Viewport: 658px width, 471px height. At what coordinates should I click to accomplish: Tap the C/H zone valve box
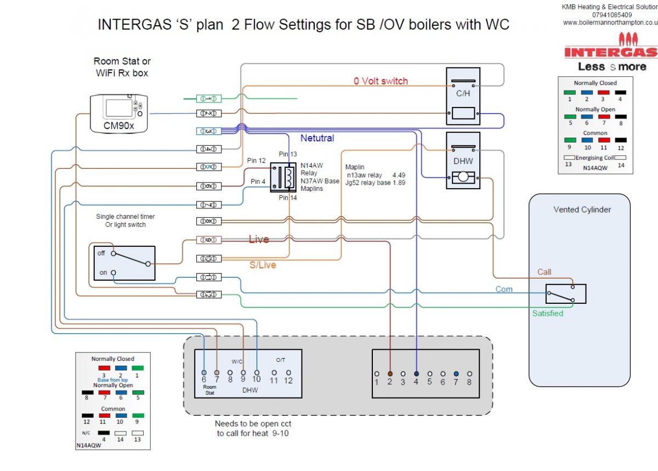tap(463, 98)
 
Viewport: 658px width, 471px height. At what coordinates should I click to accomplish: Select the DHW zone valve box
tap(463, 161)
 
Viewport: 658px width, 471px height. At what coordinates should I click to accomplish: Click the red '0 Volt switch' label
tap(381, 81)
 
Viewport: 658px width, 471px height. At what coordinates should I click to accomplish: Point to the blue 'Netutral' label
tap(317, 138)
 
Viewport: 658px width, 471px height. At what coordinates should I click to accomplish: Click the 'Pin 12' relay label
tap(256, 161)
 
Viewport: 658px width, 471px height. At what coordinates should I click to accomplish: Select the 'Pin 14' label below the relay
tap(287, 198)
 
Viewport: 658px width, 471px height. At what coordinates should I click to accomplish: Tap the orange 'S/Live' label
tap(263, 265)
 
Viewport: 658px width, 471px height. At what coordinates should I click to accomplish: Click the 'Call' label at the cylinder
tap(544, 272)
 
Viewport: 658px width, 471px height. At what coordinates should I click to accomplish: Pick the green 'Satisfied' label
tap(548, 313)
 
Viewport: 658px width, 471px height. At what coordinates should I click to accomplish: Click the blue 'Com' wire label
tap(504, 289)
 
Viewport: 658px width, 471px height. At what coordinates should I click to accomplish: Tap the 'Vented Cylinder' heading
tap(582, 209)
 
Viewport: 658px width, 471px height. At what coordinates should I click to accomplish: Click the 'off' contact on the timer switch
tap(114, 253)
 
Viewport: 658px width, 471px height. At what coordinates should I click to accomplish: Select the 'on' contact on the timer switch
tap(114, 273)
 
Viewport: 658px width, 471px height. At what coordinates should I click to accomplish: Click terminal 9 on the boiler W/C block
tap(243, 373)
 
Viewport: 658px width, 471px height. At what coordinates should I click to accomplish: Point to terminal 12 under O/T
tap(288, 373)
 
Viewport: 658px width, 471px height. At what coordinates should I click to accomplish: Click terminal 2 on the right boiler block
tap(390, 373)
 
